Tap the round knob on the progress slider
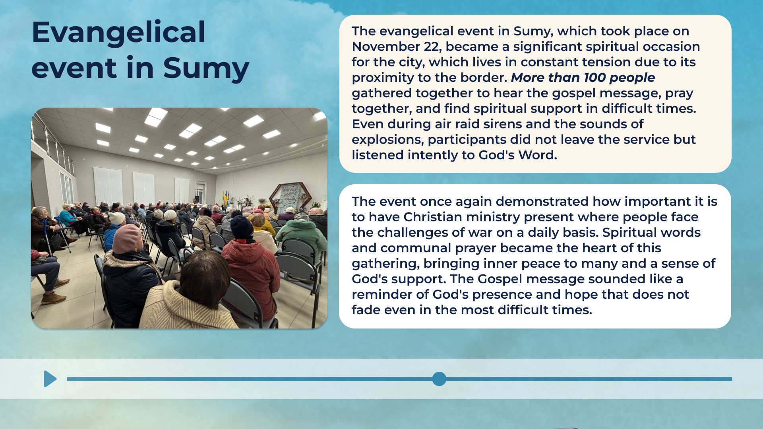439,379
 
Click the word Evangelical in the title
118,33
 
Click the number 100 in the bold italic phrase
595,77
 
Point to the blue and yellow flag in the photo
225,198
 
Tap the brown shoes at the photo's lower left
54,296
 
